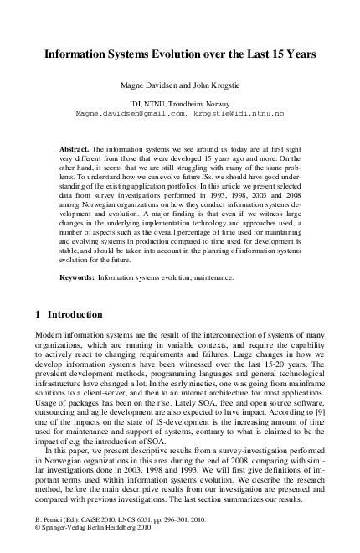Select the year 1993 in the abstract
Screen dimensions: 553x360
click(x=216, y=193)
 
